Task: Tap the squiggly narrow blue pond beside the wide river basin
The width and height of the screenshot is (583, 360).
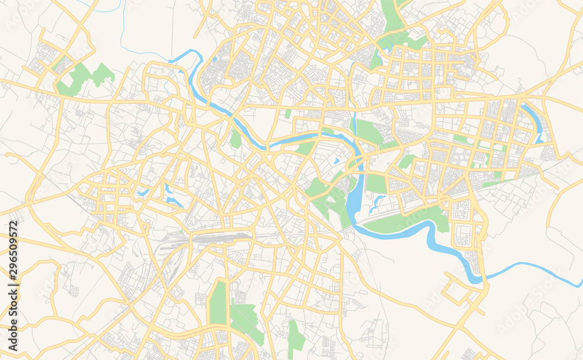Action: pyautogui.click(x=378, y=201)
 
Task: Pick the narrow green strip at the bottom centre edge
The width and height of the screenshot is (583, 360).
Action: pyautogui.click(x=294, y=338)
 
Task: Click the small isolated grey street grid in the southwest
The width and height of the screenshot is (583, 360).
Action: pyautogui.click(x=73, y=290)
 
